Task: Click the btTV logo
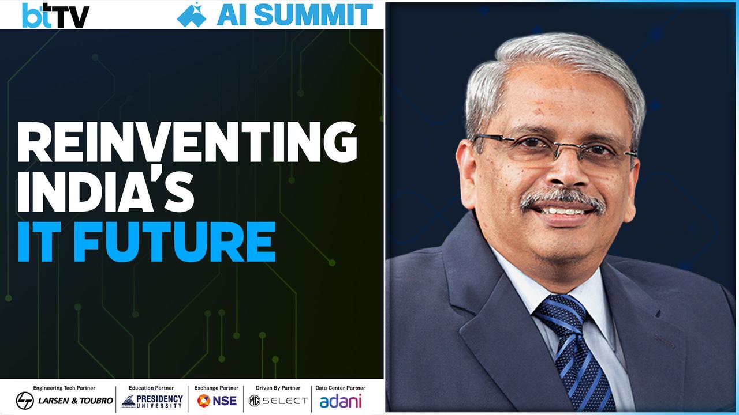coord(55,15)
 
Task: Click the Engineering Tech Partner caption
coord(64,388)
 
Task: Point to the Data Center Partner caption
coord(341,388)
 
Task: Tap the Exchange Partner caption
coord(217,388)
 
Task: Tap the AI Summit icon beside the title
coord(192,15)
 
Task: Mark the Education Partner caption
coord(151,388)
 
